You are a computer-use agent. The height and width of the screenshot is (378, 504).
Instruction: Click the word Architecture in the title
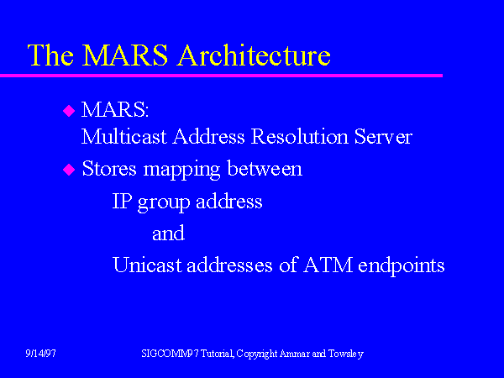click(x=254, y=55)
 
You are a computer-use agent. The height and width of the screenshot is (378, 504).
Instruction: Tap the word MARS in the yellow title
click(x=124, y=55)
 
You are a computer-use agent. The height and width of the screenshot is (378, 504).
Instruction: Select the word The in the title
click(x=50, y=55)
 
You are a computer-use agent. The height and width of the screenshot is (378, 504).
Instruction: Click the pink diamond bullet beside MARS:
click(x=69, y=111)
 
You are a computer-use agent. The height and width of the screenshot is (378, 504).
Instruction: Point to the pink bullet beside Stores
click(x=69, y=170)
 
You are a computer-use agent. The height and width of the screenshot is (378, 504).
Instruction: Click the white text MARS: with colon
click(x=115, y=109)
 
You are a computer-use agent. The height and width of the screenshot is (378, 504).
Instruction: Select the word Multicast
click(x=124, y=136)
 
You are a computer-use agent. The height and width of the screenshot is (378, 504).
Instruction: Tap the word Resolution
click(x=300, y=136)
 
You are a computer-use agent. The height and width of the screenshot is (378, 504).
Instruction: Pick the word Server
click(x=383, y=136)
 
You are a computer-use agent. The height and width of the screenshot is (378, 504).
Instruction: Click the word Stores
click(x=109, y=168)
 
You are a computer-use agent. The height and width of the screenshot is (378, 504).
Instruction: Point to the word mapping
click(x=181, y=171)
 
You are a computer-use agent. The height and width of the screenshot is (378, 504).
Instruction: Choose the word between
click(x=265, y=168)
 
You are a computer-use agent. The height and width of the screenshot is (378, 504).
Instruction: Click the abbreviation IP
click(x=122, y=202)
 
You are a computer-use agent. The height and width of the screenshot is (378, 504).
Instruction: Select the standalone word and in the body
click(x=168, y=233)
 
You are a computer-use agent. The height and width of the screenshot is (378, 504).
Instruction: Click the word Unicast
click(x=148, y=265)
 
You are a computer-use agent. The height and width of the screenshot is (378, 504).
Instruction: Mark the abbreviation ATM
click(x=328, y=265)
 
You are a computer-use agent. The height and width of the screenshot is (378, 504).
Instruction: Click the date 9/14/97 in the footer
click(x=40, y=354)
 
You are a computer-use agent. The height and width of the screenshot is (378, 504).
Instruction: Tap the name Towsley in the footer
click(x=346, y=354)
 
